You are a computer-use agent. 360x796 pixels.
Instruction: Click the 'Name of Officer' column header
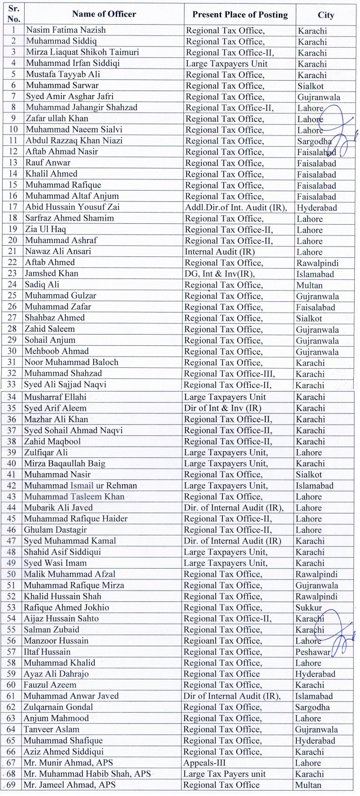click(104, 14)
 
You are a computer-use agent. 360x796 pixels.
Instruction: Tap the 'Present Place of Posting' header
click(240, 15)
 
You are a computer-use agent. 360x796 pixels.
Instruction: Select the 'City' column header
click(326, 15)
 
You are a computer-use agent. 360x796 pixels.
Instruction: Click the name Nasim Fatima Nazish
click(66, 30)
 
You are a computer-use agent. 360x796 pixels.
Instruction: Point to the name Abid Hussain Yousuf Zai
click(72, 207)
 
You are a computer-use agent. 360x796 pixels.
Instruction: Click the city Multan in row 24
click(309, 285)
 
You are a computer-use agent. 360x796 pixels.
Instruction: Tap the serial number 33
click(12, 385)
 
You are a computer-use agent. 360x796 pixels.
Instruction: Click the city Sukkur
click(308, 608)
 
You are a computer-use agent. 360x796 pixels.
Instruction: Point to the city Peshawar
click(312, 652)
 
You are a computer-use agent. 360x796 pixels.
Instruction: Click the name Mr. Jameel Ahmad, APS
click(69, 785)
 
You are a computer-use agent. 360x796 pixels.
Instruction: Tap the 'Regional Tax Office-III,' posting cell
click(229, 374)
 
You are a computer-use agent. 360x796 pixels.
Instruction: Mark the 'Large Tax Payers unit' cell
click(225, 774)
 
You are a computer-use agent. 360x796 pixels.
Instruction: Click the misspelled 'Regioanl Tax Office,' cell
click(222, 641)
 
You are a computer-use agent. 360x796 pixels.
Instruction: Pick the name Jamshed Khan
click(52, 274)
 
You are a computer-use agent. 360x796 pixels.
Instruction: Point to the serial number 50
click(11, 574)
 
